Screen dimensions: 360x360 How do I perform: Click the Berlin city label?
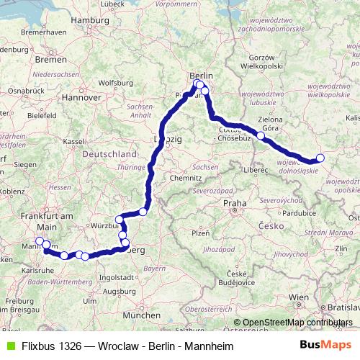click(x=201, y=75)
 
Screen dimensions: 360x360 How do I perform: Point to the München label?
click(x=141, y=315)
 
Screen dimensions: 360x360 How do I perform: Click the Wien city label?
click(x=298, y=297)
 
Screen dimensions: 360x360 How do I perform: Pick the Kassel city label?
click(x=73, y=142)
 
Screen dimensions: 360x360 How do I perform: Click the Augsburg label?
click(x=119, y=292)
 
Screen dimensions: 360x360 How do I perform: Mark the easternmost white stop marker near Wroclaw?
click(x=320, y=158)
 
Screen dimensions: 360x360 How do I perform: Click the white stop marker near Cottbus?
click(x=261, y=135)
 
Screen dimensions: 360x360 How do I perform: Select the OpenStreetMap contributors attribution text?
click(x=296, y=322)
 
